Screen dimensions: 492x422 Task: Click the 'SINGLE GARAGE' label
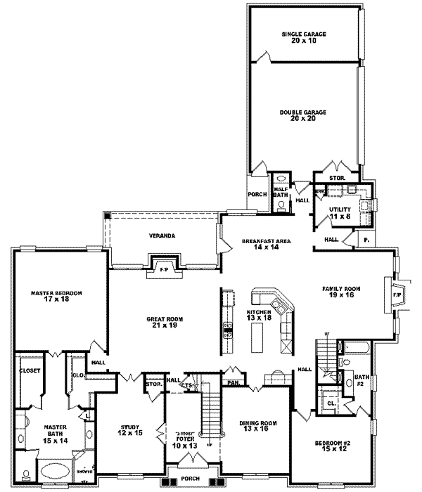point(305,33)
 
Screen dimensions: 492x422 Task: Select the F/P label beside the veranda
point(162,270)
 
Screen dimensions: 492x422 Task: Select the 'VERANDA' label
point(162,235)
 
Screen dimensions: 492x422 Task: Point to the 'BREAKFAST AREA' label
point(265,240)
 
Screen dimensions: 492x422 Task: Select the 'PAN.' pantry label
point(233,383)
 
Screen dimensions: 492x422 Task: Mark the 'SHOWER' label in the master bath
point(82,472)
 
